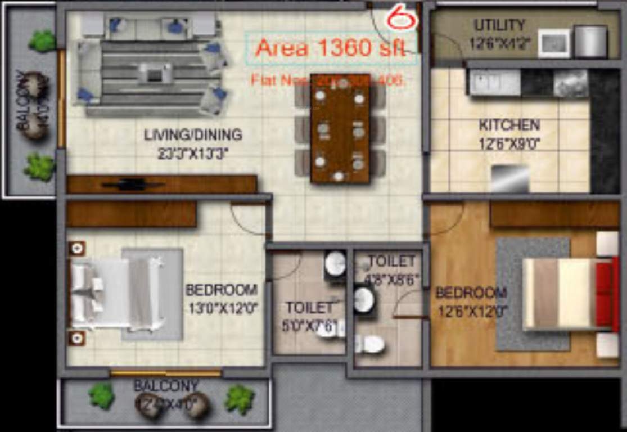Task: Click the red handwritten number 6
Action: tap(401, 19)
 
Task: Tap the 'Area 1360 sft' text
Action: tap(330, 48)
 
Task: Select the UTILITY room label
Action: tap(499, 25)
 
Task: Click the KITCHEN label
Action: tap(509, 125)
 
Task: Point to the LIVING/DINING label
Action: tap(193, 135)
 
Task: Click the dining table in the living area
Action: tap(340, 128)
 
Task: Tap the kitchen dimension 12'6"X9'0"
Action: tap(509, 144)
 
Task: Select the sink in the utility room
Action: tap(553, 43)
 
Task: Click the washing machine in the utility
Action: tap(590, 42)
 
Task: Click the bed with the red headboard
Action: tap(568, 294)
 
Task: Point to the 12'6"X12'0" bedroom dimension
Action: tap(472, 310)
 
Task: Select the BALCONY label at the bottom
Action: tap(166, 386)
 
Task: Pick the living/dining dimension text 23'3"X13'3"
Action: tap(193, 153)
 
